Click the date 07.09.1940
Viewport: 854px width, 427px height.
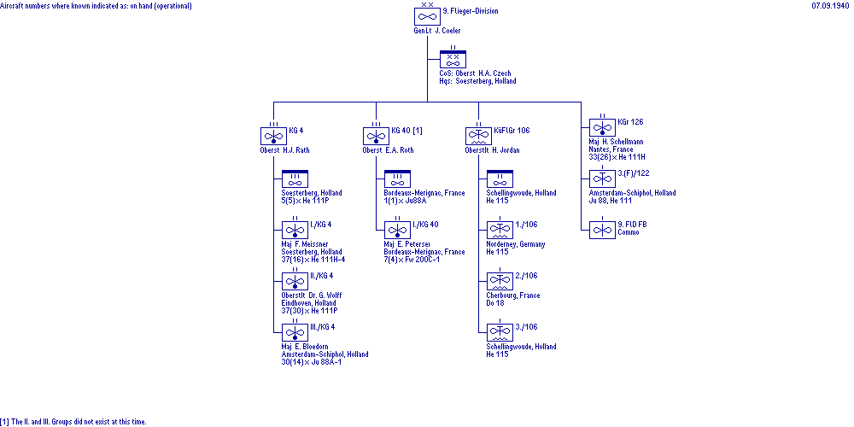tap(831, 6)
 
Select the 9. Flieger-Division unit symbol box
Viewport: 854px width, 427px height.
tap(427, 16)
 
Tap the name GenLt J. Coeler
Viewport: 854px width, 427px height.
tap(436, 31)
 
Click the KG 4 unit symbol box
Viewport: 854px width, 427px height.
tap(273, 136)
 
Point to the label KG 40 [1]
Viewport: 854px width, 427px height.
tap(407, 131)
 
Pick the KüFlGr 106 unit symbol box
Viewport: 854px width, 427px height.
tap(479, 136)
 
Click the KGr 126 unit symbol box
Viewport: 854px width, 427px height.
tap(602, 127)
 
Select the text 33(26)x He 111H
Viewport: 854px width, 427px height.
tap(617, 157)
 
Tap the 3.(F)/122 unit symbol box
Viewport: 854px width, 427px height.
tap(602, 178)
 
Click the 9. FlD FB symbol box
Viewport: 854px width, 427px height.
tap(602, 230)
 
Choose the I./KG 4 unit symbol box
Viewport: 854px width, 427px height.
tap(295, 230)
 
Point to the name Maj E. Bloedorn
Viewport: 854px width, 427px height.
tap(305, 347)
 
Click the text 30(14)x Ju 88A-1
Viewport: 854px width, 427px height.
tap(312, 362)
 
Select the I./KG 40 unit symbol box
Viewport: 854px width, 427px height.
tap(398, 230)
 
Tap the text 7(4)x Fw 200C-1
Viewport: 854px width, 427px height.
tap(412, 260)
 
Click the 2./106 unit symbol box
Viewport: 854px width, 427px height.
tap(500, 281)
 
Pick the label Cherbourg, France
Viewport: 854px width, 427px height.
tap(513, 295)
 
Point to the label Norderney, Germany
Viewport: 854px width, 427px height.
tap(516, 244)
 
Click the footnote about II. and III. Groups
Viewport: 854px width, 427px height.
tap(73, 422)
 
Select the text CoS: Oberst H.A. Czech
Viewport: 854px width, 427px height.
tap(476, 73)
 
